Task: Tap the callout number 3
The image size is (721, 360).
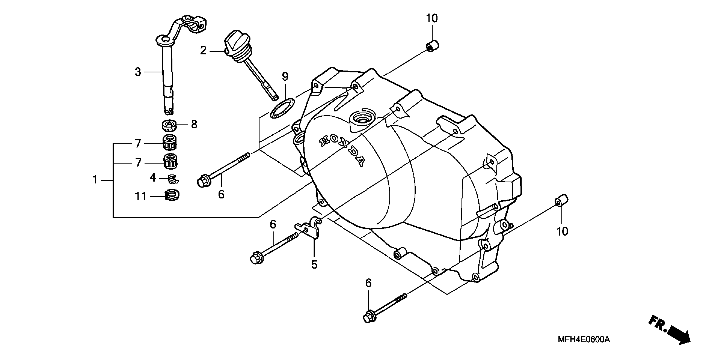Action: [138, 72]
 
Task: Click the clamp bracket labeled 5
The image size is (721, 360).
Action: [310, 227]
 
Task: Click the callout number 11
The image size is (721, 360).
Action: [140, 197]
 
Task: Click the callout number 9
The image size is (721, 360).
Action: [285, 77]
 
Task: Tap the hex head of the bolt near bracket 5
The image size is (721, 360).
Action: [255, 258]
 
